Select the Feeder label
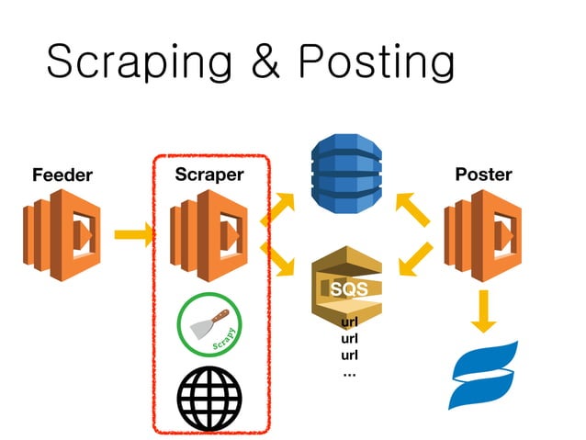tap(62, 175)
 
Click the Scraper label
tap(209, 174)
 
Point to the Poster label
tap(483, 174)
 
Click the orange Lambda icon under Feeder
tap(62, 234)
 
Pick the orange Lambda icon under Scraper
tap(209, 234)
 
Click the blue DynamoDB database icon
tap(346, 175)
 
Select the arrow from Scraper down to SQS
tap(277, 260)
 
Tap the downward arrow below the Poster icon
tap(483, 311)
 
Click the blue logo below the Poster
tap(483, 373)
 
